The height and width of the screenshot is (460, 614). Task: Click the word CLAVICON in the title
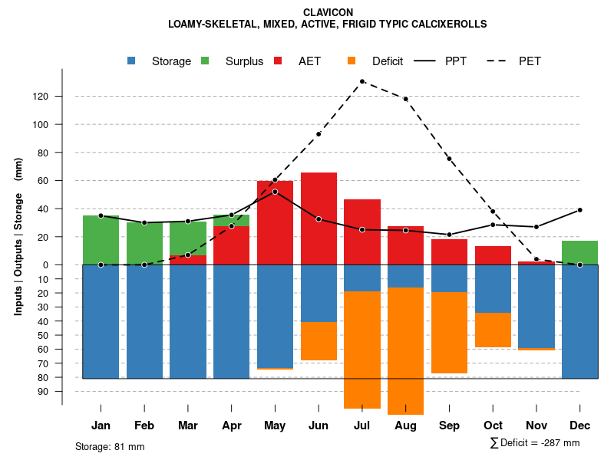point(328,13)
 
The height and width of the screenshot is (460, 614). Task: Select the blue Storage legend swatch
point(132,61)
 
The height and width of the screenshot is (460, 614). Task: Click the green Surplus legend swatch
point(205,61)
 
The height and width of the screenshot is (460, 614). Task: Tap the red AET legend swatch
point(278,61)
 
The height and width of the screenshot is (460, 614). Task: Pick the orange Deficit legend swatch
point(352,61)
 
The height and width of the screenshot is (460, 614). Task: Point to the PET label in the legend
point(530,61)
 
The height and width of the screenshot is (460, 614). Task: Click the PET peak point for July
point(361,81)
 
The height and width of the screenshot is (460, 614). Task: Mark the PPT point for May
point(275,192)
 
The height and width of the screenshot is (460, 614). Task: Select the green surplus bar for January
point(101,240)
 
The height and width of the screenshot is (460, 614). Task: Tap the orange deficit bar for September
point(449,333)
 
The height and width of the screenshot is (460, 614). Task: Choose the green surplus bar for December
point(579,253)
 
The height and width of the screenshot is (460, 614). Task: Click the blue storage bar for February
point(144,321)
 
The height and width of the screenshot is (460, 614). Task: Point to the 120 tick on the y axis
point(61,97)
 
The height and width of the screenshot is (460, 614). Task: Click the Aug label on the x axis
point(405,426)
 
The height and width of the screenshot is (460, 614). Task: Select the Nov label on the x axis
point(536,426)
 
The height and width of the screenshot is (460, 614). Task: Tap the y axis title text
point(18,236)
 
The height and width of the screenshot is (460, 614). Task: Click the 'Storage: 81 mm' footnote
point(110,446)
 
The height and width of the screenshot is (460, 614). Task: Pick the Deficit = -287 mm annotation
point(535,443)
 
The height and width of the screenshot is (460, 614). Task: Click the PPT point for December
point(579,210)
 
